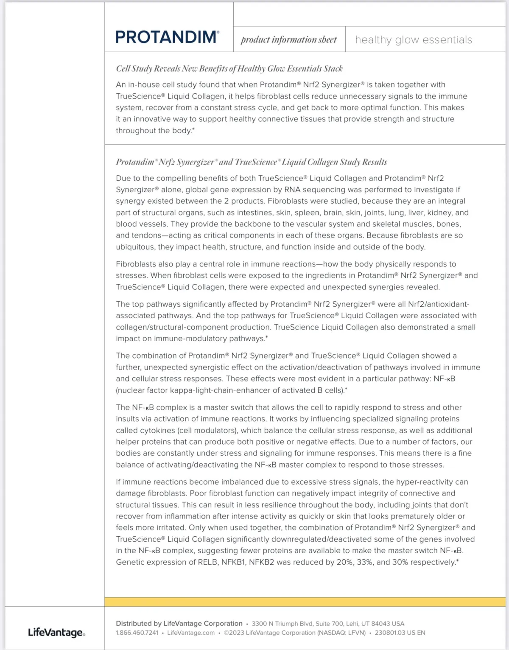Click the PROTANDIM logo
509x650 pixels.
(x=167, y=37)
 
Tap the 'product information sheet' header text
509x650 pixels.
(x=288, y=40)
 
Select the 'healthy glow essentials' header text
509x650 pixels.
(x=414, y=40)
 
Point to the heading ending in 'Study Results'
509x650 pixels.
(x=252, y=162)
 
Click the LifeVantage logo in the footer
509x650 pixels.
(x=56, y=633)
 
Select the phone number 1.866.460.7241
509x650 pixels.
(x=137, y=633)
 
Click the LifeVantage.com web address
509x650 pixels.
(x=191, y=633)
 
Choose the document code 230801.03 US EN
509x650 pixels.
(x=400, y=633)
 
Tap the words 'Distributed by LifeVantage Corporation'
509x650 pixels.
(x=179, y=624)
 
